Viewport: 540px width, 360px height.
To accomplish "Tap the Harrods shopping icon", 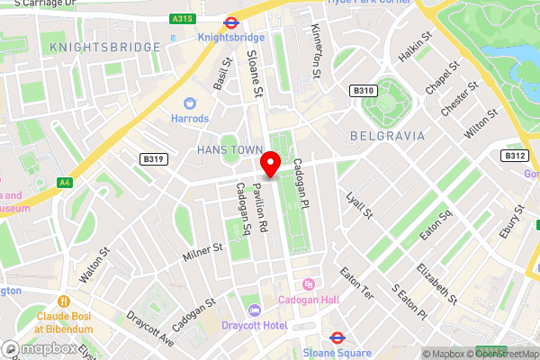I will pyautogui.click(x=190, y=103).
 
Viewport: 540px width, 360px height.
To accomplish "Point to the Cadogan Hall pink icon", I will pyautogui.click(x=309, y=284).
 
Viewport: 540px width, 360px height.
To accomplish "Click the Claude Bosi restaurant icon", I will pyautogui.click(x=64, y=301).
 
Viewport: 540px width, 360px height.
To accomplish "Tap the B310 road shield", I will pyautogui.click(x=363, y=91).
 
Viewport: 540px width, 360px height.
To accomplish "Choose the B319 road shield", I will pyautogui.click(x=154, y=159).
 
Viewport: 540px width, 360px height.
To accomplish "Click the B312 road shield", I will pyautogui.click(x=514, y=156).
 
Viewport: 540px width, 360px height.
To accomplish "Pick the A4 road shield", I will pyautogui.click(x=64, y=183).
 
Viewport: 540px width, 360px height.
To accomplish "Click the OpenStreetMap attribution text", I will pyautogui.click(x=499, y=353).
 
